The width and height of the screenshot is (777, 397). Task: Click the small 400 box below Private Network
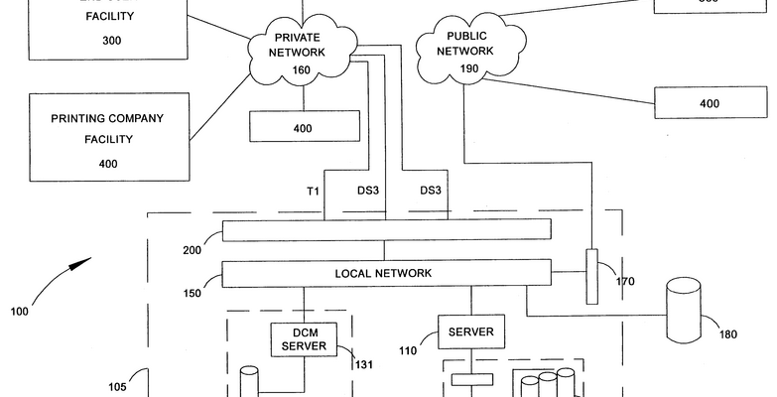pyautogui.click(x=303, y=128)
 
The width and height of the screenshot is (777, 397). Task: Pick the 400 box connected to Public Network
pyautogui.click(x=709, y=103)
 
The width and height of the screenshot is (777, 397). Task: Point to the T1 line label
pyautogui.click(x=313, y=190)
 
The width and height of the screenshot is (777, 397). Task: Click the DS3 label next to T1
pyautogui.click(x=368, y=190)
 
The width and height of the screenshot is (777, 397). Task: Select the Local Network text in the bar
pyautogui.click(x=383, y=272)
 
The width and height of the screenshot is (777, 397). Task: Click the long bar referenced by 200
pyautogui.click(x=386, y=230)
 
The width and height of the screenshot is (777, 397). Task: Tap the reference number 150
pyautogui.click(x=192, y=293)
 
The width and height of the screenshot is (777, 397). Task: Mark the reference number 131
pyautogui.click(x=363, y=364)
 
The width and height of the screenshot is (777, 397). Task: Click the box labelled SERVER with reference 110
pyautogui.click(x=470, y=332)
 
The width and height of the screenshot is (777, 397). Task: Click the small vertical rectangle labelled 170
pyautogui.click(x=592, y=275)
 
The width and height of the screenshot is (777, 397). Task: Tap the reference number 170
pyautogui.click(x=624, y=283)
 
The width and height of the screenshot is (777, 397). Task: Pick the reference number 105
pyautogui.click(x=117, y=387)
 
